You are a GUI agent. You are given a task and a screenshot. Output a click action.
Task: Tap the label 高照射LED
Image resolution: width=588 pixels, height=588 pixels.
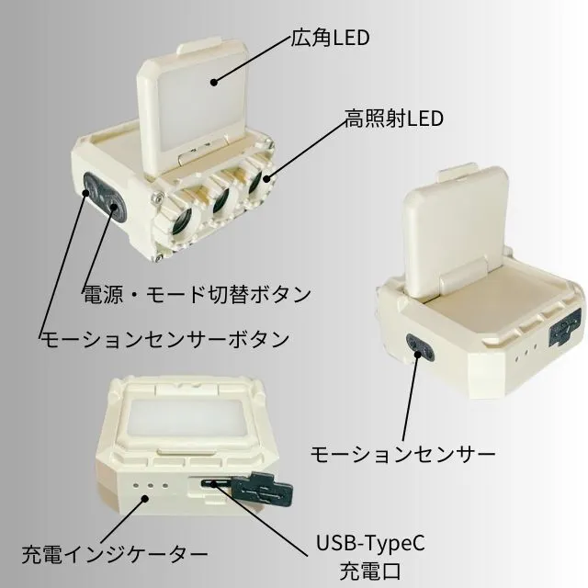pos(394,119)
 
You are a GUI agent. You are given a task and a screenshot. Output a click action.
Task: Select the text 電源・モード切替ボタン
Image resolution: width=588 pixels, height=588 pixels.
pos(198,295)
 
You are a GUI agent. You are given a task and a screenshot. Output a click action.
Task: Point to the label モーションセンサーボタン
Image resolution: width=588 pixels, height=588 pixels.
pos(164,338)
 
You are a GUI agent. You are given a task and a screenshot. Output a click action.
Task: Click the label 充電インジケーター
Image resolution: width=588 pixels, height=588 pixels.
pos(115,554)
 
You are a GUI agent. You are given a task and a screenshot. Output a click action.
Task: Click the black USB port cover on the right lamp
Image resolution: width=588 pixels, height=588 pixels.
pos(561,330)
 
